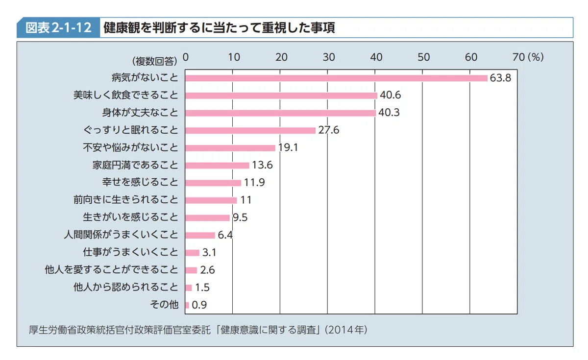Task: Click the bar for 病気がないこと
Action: [x=336, y=78]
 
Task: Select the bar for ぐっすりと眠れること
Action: [x=250, y=130]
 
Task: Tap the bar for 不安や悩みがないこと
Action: [x=230, y=148]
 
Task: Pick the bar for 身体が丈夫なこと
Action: [x=280, y=113]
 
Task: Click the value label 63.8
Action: [x=500, y=78]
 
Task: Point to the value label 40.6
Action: [x=390, y=96]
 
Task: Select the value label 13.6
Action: [x=262, y=165]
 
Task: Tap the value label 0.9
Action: [x=199, y=305]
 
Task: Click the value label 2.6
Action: [x=207, y=270]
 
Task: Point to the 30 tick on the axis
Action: [x=329, y=57]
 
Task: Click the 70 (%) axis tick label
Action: [x=528, y=57]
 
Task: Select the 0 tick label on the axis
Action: [x=185, y=57]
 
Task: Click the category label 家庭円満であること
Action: [x=135, y=165]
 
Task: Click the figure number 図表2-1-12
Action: [x=58, y=28]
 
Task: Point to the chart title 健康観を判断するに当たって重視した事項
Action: [x=219, y=28]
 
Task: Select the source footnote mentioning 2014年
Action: [x=198, y=329]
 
